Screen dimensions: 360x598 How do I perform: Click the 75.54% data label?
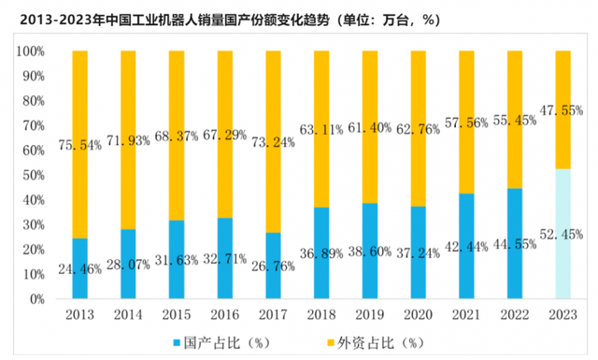(80, 145)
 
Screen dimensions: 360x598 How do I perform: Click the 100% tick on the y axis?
(30, 51)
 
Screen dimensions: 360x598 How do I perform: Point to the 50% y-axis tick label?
(33, 176)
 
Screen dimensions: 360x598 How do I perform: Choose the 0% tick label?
(36, 300)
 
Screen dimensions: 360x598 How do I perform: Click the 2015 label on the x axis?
(176, 316)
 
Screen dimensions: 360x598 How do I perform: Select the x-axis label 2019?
(368, 316)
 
